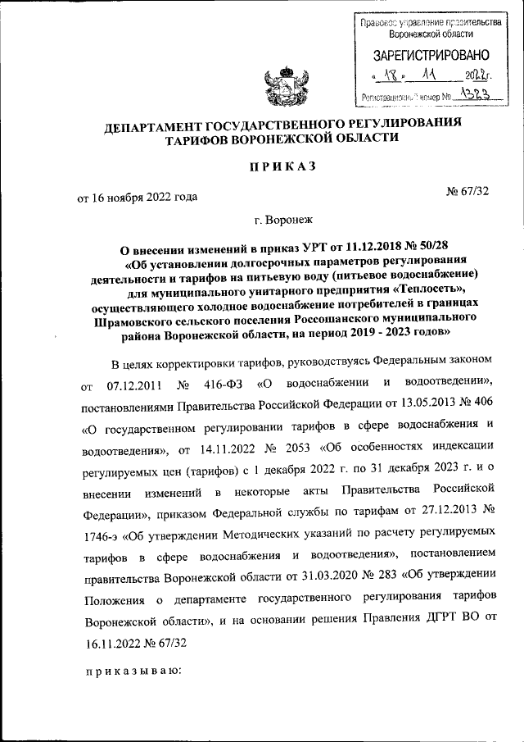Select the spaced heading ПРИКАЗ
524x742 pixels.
coord(282,166)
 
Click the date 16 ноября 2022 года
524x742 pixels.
coord(137,196)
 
